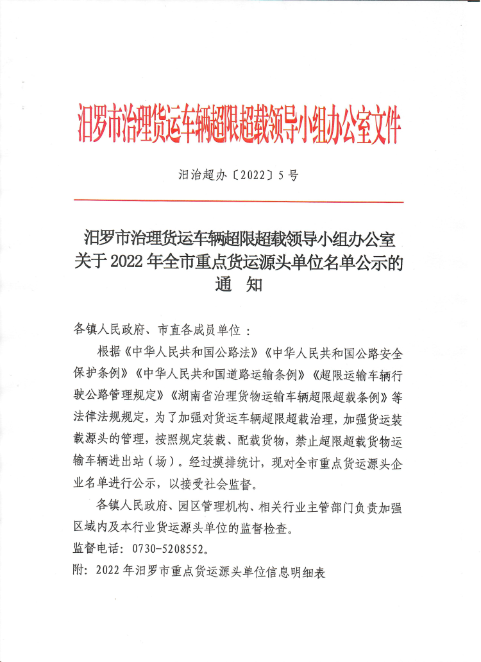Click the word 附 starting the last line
coord(80,571)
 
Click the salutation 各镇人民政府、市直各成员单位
coord(157,331)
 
